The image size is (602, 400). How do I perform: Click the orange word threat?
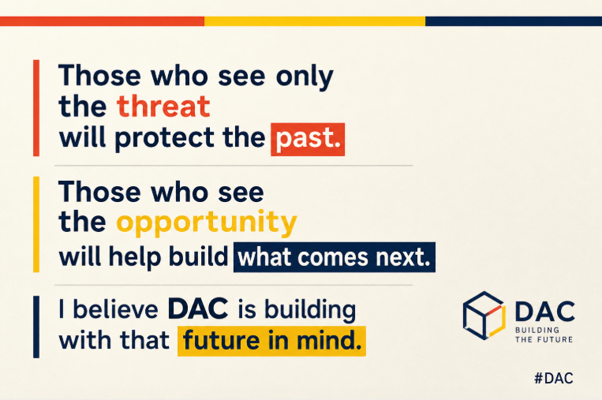pos(163,106)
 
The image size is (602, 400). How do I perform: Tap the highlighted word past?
pos(308,140)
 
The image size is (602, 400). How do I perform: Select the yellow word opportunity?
pos(207,223)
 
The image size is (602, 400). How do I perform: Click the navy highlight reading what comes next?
pos(335,257)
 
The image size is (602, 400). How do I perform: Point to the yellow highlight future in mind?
pos(271,342)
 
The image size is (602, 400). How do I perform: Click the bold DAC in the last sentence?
pos(198,308)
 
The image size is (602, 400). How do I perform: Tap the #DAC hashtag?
pos(554,378)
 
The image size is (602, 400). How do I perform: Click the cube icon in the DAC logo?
pos(484,315)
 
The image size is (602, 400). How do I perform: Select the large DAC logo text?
pos(544,312)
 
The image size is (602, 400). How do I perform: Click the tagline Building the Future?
pos(544,335)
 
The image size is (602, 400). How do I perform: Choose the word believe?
pos(115,308)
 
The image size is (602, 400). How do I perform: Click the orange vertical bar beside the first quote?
pos(36,108)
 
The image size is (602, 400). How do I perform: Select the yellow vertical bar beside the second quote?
pos(36,224)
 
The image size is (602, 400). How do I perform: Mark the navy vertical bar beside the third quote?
pos(36,327)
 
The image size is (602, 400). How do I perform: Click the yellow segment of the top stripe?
pos(315,21)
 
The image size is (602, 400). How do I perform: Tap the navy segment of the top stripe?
pos(514,21)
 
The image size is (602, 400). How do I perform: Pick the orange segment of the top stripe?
pos(102,21)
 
